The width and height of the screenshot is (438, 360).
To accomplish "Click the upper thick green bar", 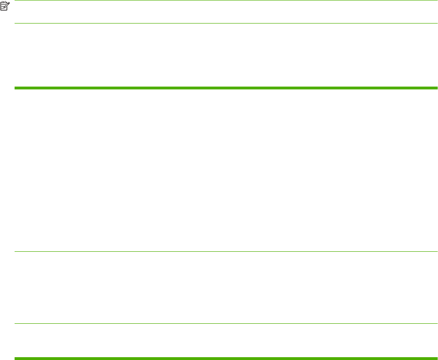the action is point(226,88).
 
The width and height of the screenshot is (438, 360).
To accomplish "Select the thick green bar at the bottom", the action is point(226,359).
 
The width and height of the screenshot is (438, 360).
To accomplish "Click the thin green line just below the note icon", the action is point(226,24).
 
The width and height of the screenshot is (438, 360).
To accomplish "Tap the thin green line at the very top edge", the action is point(226,0).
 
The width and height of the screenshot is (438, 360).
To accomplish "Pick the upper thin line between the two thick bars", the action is point(226,252).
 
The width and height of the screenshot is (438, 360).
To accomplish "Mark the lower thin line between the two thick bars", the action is point(226,323).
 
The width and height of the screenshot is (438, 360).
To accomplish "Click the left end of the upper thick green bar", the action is point(16,88).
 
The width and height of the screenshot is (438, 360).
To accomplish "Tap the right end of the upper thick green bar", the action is point(437,88).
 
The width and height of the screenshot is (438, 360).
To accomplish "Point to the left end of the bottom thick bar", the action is point(16,359).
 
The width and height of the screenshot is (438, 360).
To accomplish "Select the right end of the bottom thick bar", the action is point(437,359).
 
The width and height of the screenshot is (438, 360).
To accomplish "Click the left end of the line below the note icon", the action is point(16,24).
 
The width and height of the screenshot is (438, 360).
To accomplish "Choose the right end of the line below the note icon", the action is point(437,24).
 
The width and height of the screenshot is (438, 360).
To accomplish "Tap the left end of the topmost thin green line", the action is point(16,0).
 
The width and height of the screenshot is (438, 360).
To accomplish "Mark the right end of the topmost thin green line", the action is point(437,0).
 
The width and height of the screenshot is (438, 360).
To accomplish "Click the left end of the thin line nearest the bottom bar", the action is point(16,323).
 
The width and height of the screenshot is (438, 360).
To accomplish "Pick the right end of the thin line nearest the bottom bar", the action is point(437,323).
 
